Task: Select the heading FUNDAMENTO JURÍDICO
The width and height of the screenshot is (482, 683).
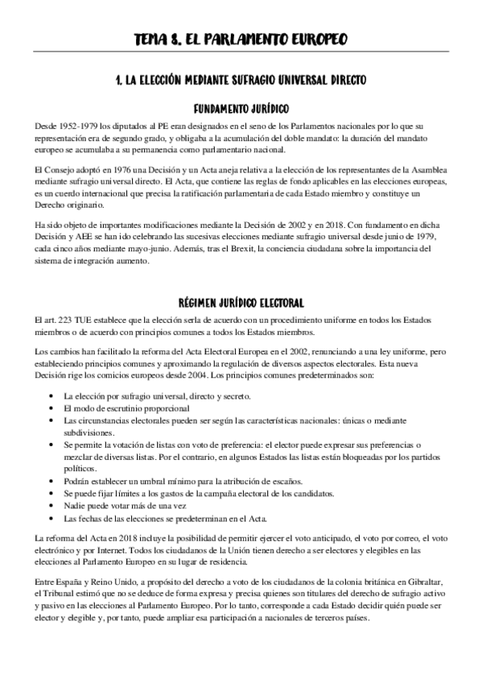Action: tap(241, 108)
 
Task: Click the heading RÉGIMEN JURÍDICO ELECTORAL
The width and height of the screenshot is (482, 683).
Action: tap(241, 302)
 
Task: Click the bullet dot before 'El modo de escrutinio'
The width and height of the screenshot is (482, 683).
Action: tap(51, 408)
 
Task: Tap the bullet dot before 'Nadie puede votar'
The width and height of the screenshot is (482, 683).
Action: tap(51, 505)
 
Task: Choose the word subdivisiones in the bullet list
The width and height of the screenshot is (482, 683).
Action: tap(90, 433)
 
